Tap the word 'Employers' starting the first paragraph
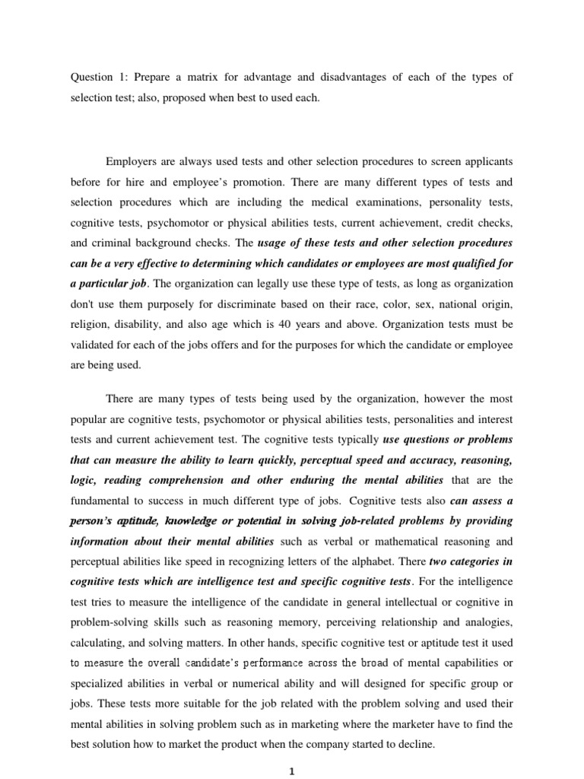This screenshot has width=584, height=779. click(x=131, y=162)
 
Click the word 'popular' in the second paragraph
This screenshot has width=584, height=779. click(x=91, y=419)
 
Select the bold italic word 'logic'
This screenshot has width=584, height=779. click(x=84, y=480)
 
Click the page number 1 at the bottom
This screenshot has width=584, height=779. click(x=291, y=770)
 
